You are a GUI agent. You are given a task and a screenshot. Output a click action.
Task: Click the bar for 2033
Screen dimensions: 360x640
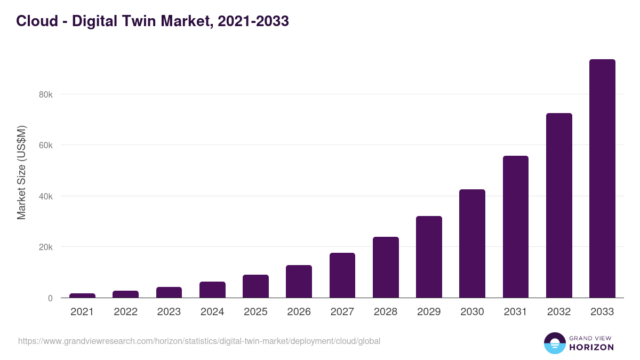point(602,179)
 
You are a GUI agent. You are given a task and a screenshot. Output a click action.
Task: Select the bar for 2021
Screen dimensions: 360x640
point(82,295)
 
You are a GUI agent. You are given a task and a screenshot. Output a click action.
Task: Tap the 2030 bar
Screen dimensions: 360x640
point(472,244)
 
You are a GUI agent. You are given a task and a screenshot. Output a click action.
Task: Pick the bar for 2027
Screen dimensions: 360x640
point(342,275)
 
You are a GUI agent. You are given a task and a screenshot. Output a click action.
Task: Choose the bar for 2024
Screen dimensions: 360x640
point(212,290)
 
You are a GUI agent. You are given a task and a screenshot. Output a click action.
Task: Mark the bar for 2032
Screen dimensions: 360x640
point(559,205)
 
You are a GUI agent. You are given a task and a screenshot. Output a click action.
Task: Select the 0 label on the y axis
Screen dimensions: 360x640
point(50,298)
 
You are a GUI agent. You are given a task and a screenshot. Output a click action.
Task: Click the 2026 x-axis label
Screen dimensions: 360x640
point(299,312)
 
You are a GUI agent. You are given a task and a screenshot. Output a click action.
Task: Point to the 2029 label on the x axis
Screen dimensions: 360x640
point(429,312)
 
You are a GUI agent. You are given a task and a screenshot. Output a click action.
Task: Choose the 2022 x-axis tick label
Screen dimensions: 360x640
point(125,312)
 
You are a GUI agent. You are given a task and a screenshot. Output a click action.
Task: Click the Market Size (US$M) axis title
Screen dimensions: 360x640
point(21,172)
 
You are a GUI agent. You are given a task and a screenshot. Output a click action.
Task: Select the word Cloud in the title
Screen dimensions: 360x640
point(37,21)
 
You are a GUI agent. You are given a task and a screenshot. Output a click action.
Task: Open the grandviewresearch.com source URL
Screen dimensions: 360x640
point(199,341)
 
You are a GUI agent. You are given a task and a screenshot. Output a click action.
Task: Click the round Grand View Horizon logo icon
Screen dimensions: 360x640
point(555,343)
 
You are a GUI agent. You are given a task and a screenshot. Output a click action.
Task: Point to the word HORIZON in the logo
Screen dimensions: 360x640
point(591,347)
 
